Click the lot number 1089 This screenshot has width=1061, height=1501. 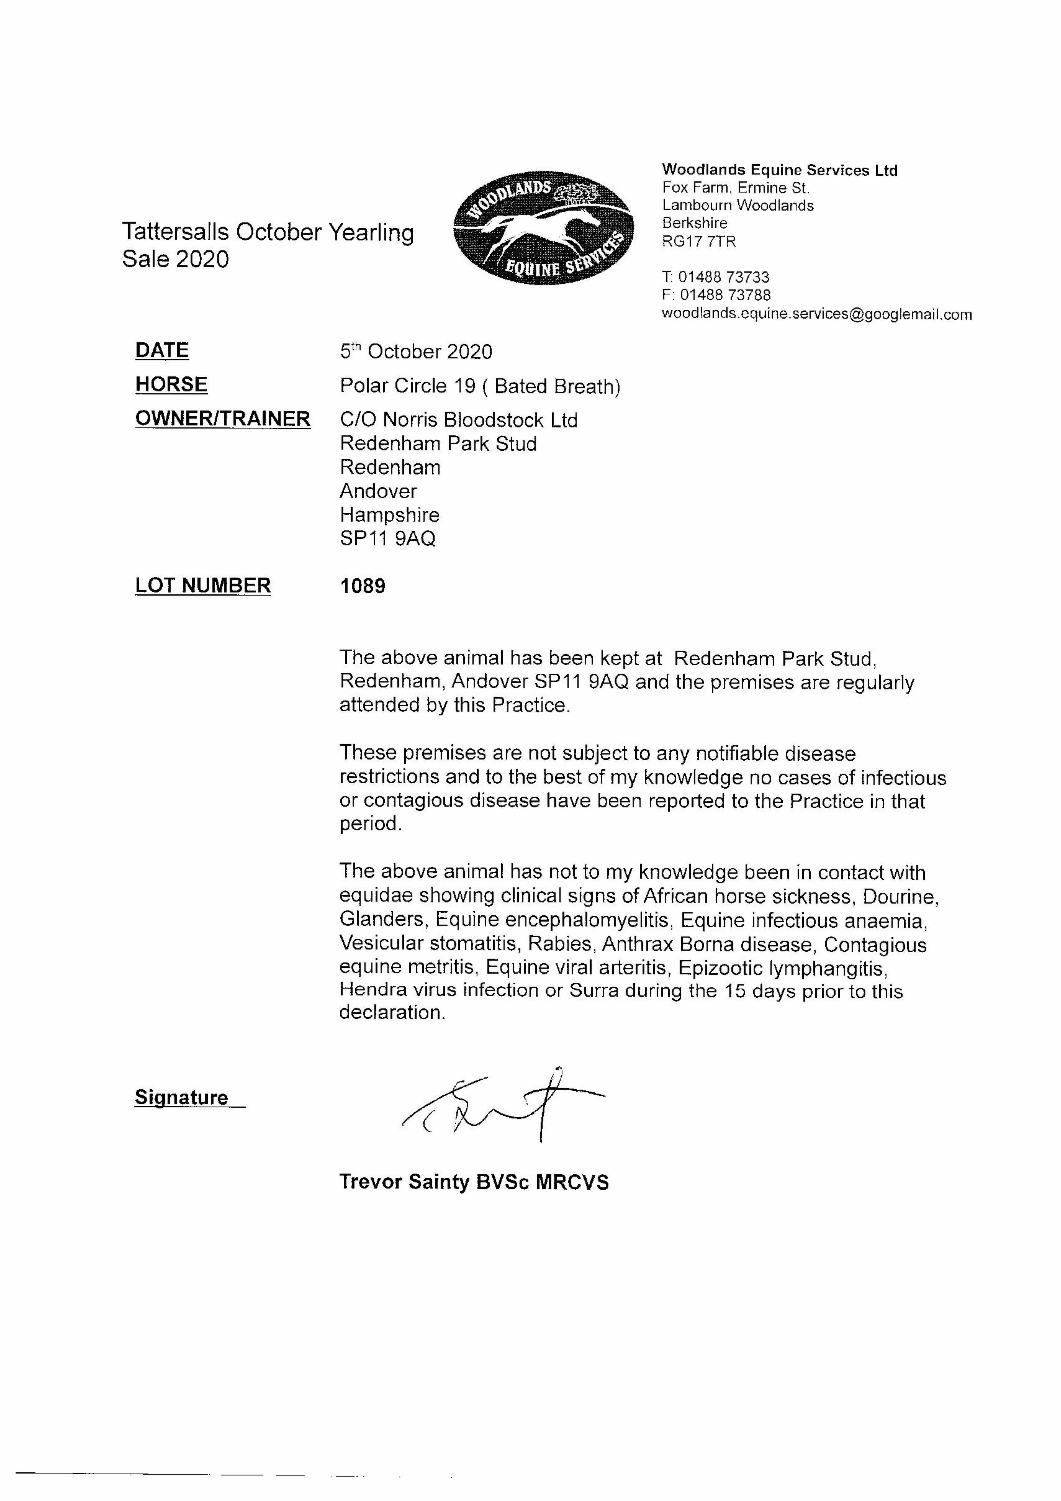pyautogui.click(x=363, y=586)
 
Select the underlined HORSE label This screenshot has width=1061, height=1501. pyautogui.click(x=171, y=384)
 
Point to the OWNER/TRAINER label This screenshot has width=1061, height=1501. pyautogui.click(x=222, y=418)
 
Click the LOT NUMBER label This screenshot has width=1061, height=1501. pyautogui.click(x=203, y=585)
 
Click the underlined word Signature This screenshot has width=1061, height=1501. pyautogui.click(x=182, y=1097)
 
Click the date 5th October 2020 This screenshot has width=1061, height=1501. pyautogui.click(x=416, y=352)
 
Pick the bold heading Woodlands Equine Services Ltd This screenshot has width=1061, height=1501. pyautogui.click(x=779, y=171)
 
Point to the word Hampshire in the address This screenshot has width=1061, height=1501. pyautogui.click(x=390, y=515)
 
